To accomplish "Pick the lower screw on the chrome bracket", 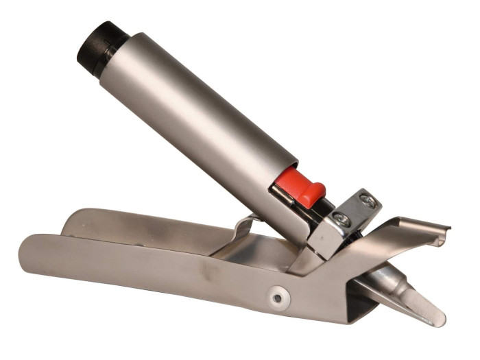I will (340, 218).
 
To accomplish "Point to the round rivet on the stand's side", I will (276, 298).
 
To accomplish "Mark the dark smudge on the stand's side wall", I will (206, 274).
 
